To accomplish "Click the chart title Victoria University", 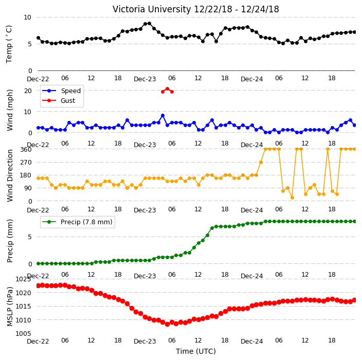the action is click(152, 9).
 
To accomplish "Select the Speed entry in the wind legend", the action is click(61, 91).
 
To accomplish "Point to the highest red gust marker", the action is click(168, 89).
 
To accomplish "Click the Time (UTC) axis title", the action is click(196, 351).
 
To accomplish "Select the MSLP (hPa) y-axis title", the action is click(10, 307).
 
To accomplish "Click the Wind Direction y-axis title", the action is click(10, 175).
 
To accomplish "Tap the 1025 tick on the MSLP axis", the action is click(23, 279).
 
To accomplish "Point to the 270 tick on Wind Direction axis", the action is click(26, 163).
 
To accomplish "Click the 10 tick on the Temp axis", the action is click(27, 17).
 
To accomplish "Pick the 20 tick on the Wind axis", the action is click(28, 91).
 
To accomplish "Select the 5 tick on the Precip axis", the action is click(30, 237).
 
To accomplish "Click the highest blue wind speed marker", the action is click(163, 116).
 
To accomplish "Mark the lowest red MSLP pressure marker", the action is click(168, 324).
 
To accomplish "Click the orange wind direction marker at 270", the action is click(261, 163).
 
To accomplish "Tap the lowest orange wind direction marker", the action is click(292, 197).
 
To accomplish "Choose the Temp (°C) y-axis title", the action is click(9, 44).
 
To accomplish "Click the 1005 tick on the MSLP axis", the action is click(23, 333).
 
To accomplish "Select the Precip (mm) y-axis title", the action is click(10, 241).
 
